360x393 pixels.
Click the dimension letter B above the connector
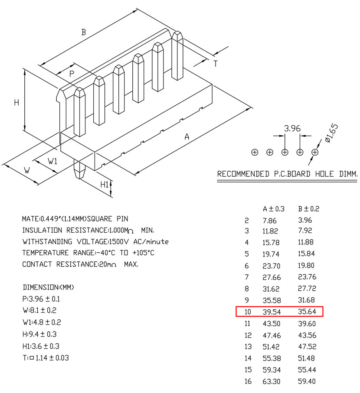tap(84, 32)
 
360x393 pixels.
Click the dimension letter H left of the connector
tap(16, 103)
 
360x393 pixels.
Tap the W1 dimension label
tap(52, 161)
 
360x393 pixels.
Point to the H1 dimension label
tap(105, 185)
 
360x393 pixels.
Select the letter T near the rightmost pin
tap(216, 64)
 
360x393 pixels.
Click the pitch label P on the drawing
tap(72, 74)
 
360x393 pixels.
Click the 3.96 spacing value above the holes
tap(292, 128)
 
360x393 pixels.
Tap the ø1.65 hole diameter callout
tap(331, 133)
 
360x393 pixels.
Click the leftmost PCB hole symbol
tap(255, 152)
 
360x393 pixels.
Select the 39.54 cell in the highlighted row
tap(272, 312)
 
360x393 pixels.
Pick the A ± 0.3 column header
tap(273, 209)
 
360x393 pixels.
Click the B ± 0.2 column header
tap(308, 209)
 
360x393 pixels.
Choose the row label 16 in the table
tap(248, 381)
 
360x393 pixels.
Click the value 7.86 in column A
tap(269, 221)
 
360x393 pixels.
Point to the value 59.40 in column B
tap(307, 381)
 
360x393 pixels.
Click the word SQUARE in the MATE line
tap(100, 219)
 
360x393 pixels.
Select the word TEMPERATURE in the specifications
tap(46, 253)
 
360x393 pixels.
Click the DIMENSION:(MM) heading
tap(49, 287)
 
